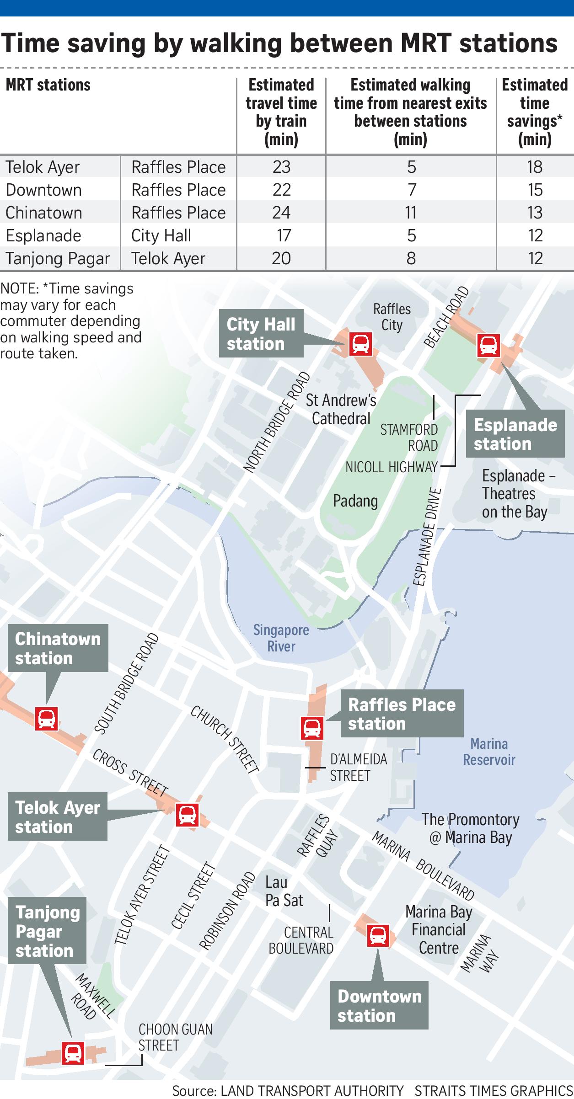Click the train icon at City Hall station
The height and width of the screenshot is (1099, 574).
coord(360,344)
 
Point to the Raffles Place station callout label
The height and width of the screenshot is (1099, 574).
coord(402,714)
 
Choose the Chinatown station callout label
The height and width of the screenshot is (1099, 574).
coord(58,648)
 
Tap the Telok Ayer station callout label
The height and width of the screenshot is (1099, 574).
coord(58,817)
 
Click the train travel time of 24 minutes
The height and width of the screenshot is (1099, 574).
coord(281,213)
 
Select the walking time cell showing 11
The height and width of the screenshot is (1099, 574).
coord(411,213)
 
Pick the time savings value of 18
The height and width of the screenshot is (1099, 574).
coord(534,167)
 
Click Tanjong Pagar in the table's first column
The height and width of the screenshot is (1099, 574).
coord(58,258)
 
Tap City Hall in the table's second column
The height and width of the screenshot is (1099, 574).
coord(161,235)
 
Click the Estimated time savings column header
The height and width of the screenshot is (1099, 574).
coord(534,112)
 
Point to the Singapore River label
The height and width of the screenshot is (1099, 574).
coord(281,638)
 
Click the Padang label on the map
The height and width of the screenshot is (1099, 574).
coord(355,501)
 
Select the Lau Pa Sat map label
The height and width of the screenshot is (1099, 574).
coord(284,891)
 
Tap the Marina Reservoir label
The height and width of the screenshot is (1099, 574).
coord(489,752)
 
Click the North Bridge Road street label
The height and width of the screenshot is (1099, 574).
coord(277,422)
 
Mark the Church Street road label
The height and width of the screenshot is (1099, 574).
coord(225,739)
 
